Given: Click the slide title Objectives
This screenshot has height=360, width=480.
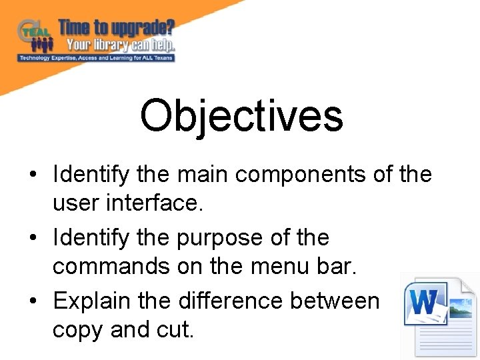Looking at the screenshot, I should click(241, 115).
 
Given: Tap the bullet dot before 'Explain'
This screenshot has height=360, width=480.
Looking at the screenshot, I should click(33, 301).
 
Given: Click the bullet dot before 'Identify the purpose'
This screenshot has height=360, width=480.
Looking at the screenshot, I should click(33, 238).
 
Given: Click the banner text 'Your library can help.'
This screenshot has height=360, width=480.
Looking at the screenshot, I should click(120, 45).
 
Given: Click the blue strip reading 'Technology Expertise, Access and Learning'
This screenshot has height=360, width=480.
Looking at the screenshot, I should click(97, 58).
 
